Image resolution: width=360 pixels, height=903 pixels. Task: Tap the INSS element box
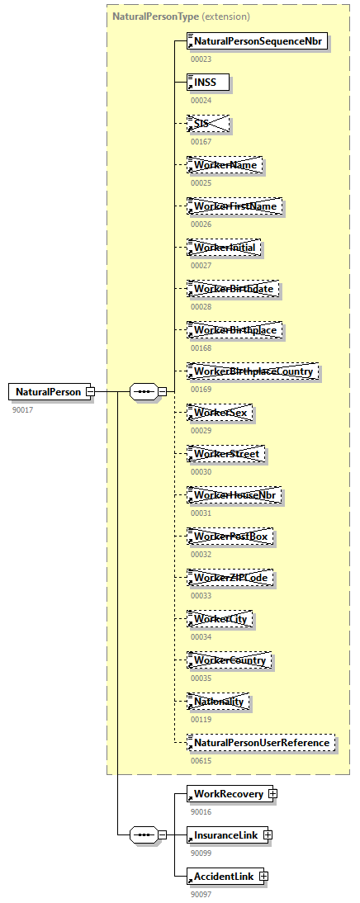(208, 83)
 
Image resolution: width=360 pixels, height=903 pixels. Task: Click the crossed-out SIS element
(208, 124)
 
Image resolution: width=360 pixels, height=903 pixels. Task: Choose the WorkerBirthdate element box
(234, 289)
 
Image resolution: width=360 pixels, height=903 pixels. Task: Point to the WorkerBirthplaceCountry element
(253, 371)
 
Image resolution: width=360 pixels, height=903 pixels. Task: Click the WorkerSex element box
(220, 413)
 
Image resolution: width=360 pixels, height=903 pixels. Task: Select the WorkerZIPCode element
(231, 578)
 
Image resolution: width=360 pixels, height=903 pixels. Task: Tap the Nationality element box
(219, 702)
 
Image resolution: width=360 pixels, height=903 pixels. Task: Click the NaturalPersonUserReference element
(262, 743)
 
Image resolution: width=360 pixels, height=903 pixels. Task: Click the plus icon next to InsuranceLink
(267, 835)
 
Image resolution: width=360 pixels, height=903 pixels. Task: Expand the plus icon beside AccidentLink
(263, 877)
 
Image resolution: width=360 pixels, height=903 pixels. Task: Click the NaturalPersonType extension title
(181, 16)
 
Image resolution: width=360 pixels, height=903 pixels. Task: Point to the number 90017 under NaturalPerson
(24, 409)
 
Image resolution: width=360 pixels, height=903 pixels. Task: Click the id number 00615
(201, 761)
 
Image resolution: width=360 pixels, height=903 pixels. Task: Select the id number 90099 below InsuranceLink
(201, 853)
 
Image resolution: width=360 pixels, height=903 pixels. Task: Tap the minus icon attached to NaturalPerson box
(91, 391)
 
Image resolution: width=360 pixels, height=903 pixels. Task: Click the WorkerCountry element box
(230, 660)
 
